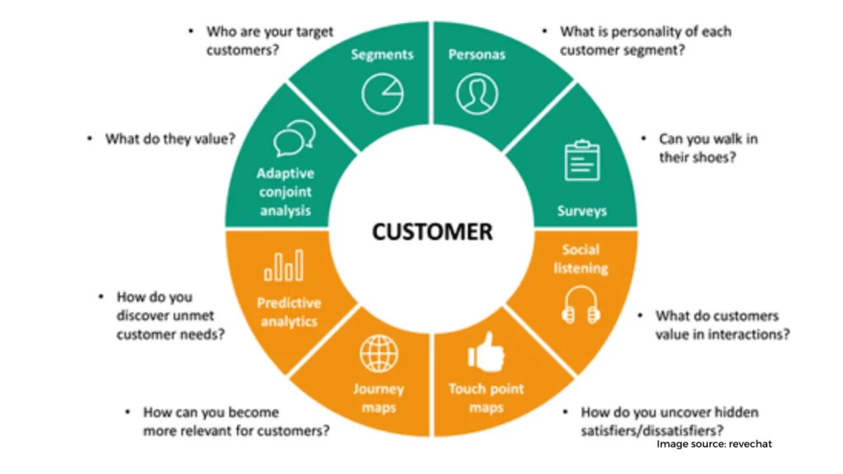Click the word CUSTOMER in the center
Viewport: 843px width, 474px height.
(x=432, y=232)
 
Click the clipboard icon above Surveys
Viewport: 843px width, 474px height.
(x=582, y=160)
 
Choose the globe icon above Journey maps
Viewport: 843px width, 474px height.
(x=379, y=355)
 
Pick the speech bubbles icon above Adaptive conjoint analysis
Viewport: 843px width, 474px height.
(x=294, y=138)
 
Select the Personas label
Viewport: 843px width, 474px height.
(x=477, y=55)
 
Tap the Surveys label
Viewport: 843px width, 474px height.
(x=581, y=211)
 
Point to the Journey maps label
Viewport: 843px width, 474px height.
(x=379, y=398)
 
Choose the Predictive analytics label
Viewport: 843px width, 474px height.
(x=289, y=312)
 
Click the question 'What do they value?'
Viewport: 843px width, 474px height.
(x=170, y=139)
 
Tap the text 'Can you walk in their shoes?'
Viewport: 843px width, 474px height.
(x=708, y=147)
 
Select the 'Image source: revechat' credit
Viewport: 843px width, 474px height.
(x=714, y=444)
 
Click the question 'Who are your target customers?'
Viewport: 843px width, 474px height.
(x=269, y=40)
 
